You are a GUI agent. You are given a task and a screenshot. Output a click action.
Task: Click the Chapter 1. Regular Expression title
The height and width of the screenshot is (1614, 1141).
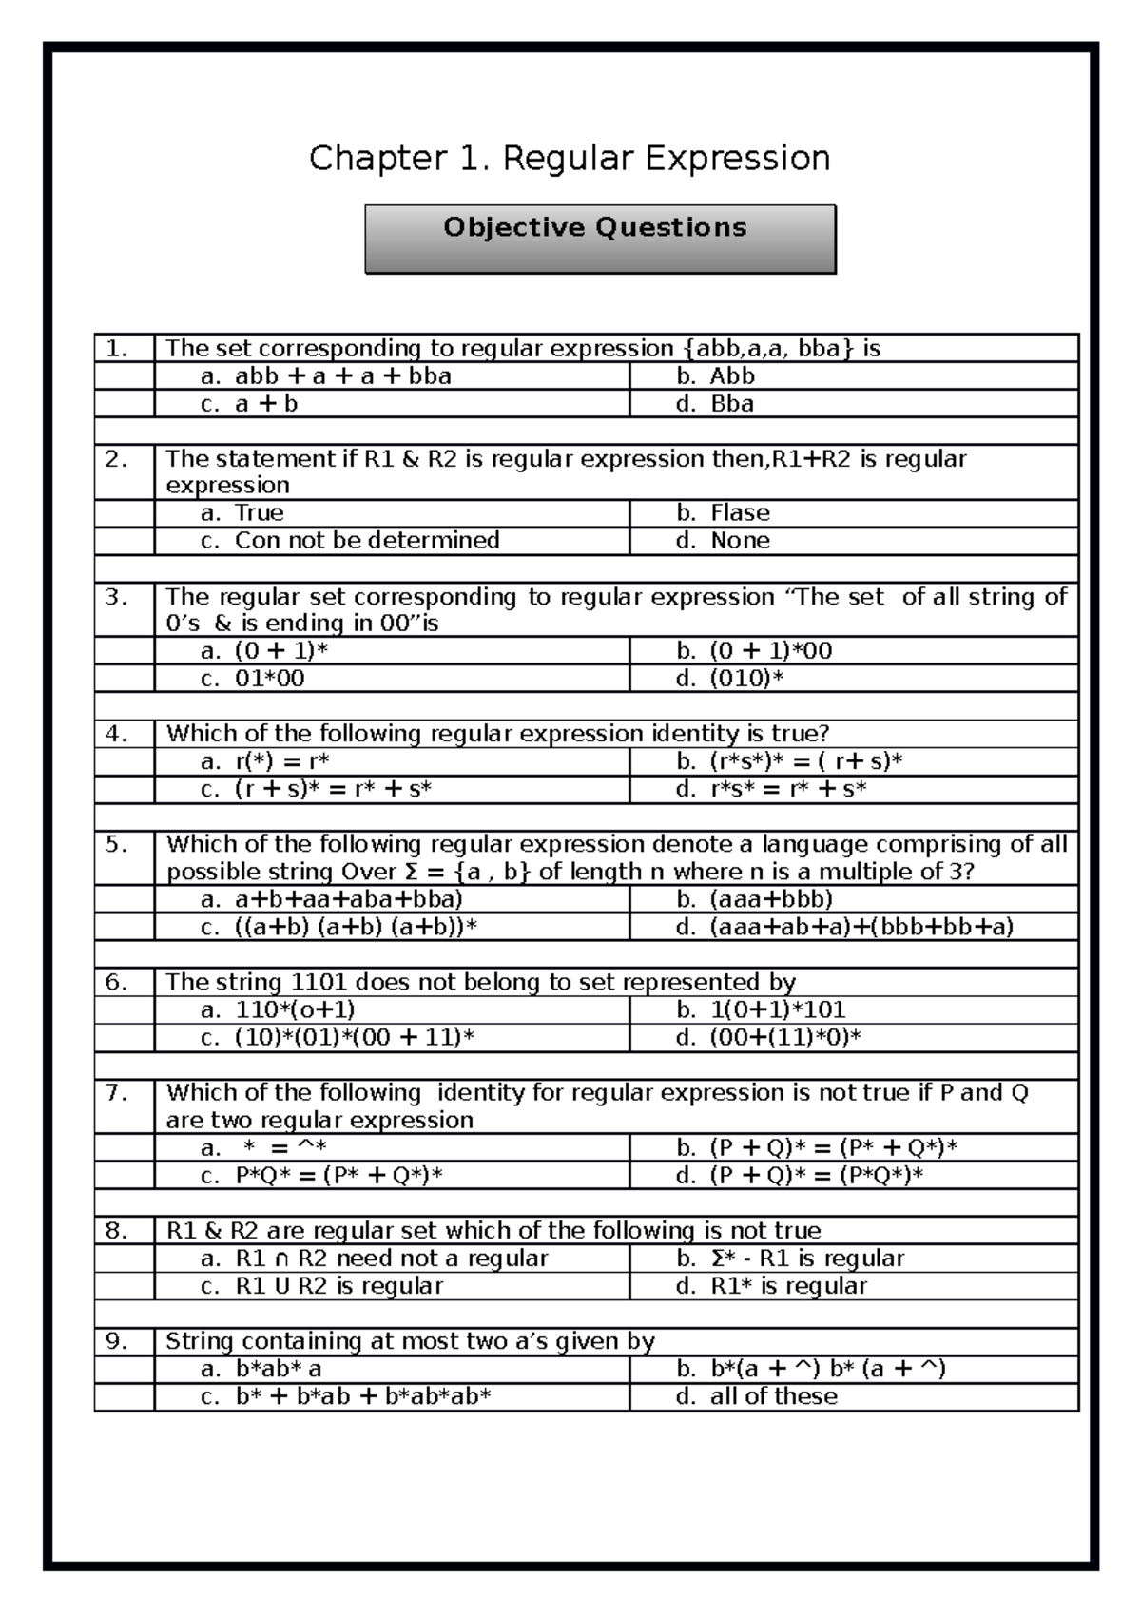tap(570, 158)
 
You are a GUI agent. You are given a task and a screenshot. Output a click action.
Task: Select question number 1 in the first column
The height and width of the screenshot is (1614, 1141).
tap(117, 348)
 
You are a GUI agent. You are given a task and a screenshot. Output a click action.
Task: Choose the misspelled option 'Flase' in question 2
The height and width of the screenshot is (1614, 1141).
tap(739, 513)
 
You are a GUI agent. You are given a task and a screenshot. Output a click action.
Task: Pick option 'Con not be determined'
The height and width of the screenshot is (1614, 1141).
tap(366, 541)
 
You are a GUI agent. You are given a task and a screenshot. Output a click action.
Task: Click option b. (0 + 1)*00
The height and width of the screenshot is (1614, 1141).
tap(769, 651)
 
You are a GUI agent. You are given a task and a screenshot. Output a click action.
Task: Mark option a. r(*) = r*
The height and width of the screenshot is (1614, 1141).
tap(280, 761)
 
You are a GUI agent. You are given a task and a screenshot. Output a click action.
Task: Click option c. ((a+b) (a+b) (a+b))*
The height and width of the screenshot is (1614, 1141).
tap(355, 927)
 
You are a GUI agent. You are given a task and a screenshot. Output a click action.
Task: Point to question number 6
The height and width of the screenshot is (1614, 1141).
tap(117, 982)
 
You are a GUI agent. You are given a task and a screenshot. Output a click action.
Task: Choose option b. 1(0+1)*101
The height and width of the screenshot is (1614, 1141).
tap(777, 1009)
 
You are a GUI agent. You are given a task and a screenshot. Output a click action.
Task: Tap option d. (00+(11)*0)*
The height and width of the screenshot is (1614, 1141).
tap(784, 1037)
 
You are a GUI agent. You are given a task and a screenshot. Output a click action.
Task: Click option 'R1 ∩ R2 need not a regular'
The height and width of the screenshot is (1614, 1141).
tap(391, 1259)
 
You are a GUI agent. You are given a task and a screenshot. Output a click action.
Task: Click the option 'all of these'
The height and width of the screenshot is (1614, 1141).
tap(773, 1396)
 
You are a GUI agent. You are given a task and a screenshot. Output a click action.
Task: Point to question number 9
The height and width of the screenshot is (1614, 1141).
tap(117, 1341)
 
